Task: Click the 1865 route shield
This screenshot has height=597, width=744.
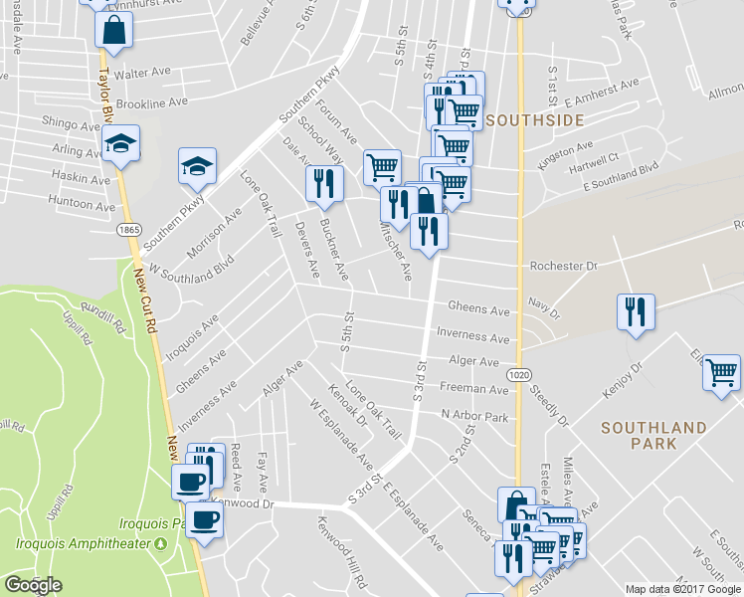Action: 127,230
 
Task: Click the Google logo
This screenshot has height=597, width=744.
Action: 33,585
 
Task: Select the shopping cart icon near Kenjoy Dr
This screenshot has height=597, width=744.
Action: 721,372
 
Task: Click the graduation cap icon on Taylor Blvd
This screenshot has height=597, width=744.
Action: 120,144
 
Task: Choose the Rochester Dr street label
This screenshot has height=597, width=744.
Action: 563,267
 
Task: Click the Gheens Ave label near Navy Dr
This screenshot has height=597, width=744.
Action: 478,310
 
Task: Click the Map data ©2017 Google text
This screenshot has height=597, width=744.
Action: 682,589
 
